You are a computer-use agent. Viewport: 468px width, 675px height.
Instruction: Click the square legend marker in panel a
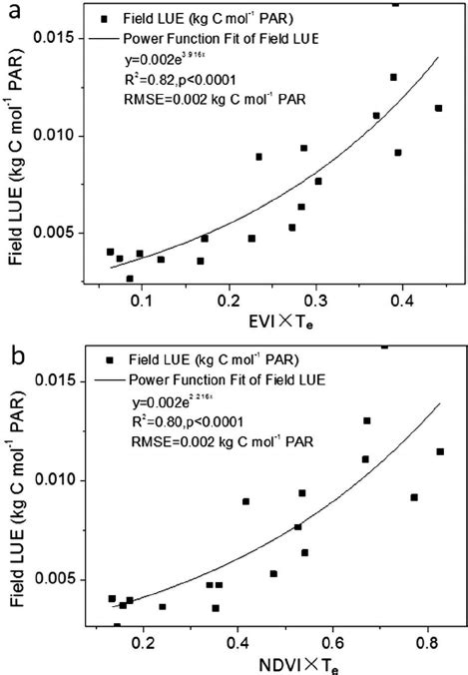104,18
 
